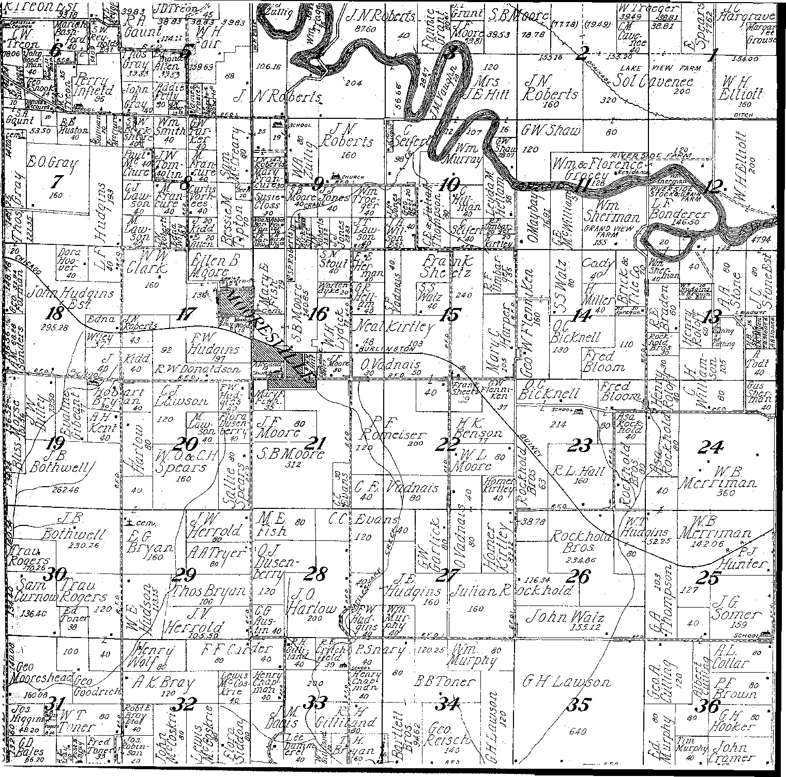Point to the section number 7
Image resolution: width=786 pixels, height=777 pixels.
click(56, 181)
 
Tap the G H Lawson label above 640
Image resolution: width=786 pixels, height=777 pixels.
click(566, 683)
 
